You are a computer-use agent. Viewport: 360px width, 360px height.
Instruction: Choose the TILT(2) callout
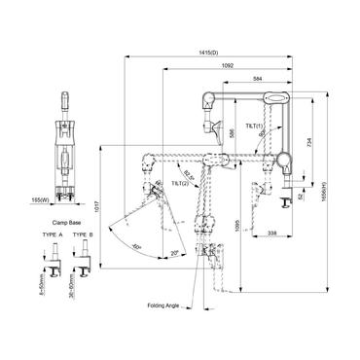pos(181,182)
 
